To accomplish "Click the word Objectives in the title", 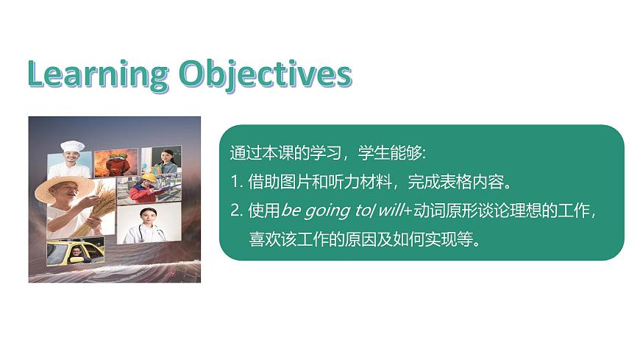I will tap(266, 75).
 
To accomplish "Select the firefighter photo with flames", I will tap(115, 162).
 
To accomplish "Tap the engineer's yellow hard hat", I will tap(149, 178).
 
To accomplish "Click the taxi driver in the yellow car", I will tap(76, 253).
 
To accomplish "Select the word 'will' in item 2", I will tap(391, 211).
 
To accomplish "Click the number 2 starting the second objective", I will tap(234, 211).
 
